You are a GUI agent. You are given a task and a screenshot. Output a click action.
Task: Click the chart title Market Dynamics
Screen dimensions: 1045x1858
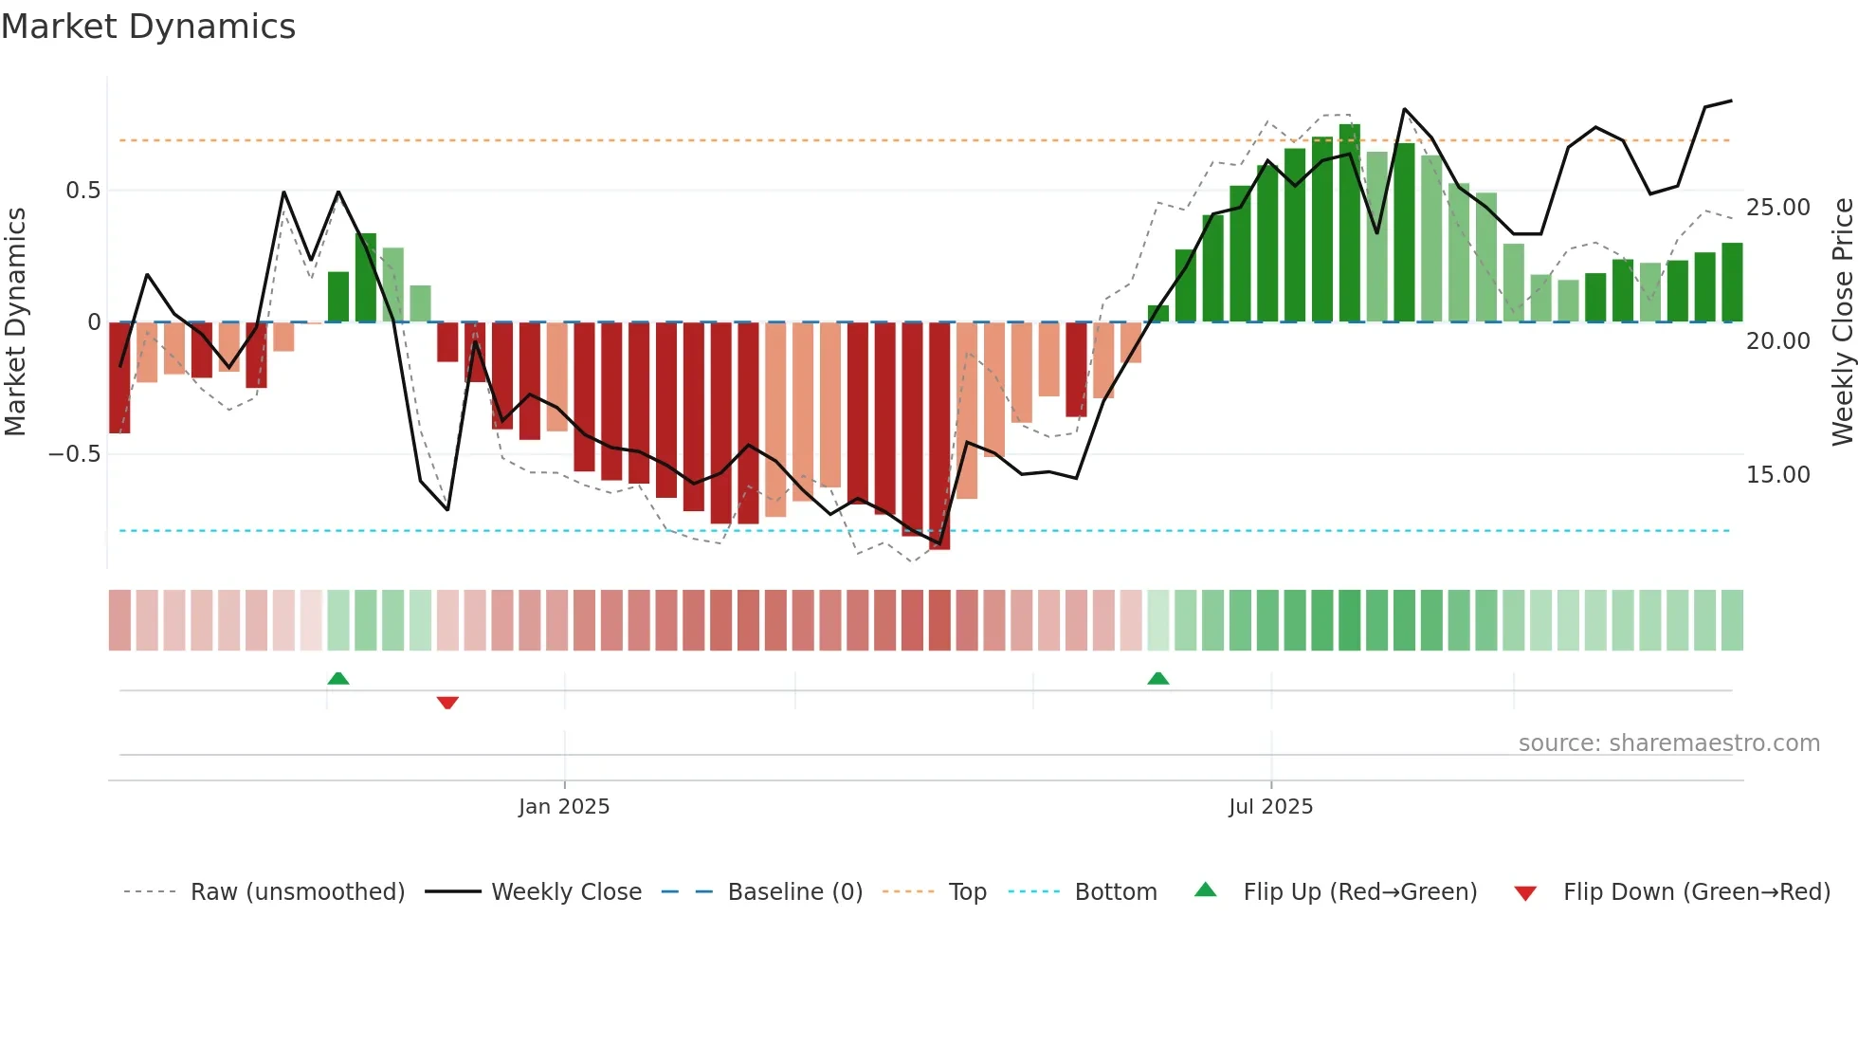[x=149, y=27]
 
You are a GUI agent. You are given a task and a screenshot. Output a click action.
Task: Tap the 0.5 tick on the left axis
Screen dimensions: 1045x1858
[x=82, y=191]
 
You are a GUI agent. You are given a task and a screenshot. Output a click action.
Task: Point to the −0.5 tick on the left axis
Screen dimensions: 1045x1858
[x=75, y=454]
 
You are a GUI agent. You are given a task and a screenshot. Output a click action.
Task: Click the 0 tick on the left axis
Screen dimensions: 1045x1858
[x=94, y=322]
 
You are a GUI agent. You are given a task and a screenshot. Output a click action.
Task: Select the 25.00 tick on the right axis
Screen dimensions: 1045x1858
[x=1777, y=208]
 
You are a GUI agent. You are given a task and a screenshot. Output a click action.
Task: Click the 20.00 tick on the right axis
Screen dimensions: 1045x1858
[x=1777, y=341]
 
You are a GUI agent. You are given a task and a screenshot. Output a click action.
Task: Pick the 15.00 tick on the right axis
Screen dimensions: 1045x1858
[x=1777, y=475]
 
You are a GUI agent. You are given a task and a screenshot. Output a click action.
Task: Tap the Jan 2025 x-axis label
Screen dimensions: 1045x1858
[x=564, y=807]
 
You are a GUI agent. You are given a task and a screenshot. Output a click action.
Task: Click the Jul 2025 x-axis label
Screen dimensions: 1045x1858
[x=1270, y=807]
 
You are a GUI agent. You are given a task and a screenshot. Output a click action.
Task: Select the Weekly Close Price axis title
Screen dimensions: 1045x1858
[x=1842, y=322]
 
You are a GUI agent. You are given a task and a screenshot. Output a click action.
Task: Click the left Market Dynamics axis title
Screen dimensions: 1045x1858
[x=15, y=322]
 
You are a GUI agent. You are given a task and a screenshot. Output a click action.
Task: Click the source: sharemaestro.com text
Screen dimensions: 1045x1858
[x=1668, y=743]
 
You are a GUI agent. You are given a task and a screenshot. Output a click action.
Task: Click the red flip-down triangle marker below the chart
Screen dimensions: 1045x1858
[x=447, y=703]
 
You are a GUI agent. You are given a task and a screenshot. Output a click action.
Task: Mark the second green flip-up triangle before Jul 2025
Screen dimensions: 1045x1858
[x=1157, y=678]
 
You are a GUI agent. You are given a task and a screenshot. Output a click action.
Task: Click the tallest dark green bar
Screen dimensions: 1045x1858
[x=1349, y=223]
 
